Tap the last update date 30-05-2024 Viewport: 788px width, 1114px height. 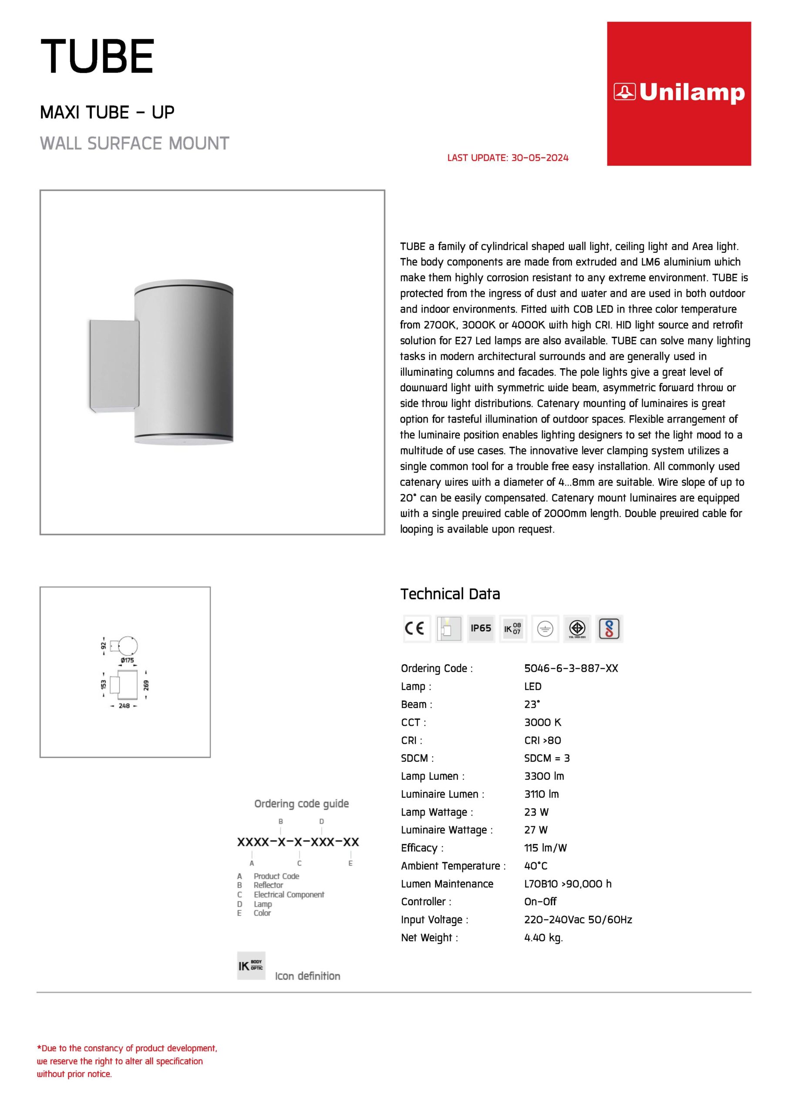(x=539, y=158)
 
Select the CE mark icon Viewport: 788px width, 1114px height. (x=416, y=629)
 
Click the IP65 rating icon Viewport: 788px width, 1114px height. (x=481, y=628)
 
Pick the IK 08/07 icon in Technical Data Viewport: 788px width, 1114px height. (x=512, y=629)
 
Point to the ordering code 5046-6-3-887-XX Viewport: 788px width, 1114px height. (x=571, y=668)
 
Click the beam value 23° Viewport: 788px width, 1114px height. (x=532, y=704)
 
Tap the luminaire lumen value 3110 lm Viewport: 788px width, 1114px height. (x=541, y=794)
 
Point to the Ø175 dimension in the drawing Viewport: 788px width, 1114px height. (x=127, y=660)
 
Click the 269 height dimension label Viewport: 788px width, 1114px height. (x=146, y=685)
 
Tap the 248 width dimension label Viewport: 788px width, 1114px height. (x=124, y=706)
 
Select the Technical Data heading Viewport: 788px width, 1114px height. (x=450, y=594)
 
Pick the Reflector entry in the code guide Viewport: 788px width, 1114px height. (x=268, y=885)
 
